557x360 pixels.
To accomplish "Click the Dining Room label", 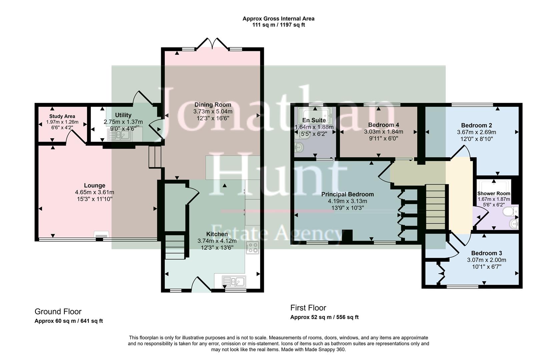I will (x=213, y=105).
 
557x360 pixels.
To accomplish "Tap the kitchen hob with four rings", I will (x=252, y=247).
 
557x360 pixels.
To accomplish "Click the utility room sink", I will (x=119, y=135).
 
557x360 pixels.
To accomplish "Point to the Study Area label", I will (x=62, y=116).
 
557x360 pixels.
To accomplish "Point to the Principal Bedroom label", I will (x=347, y=194).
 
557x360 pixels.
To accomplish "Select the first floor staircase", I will (x=436, y=207).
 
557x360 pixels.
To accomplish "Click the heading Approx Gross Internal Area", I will (x=278, y=19).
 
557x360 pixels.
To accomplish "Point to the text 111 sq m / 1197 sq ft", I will (x=278, y=25).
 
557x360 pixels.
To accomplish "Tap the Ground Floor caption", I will (x=58, y=312).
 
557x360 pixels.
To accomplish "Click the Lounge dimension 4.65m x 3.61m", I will (x=95, y=192).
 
